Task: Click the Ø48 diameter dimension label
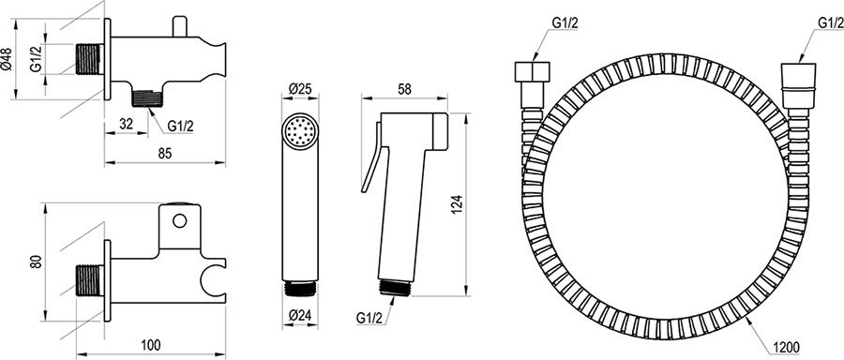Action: tap(7, 59)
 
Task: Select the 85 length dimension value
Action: tap(165, 153)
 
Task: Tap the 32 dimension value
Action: tap(126, 123)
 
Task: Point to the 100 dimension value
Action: tap(152, 344)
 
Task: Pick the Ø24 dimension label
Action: tap(299, 316)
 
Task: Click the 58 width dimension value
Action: tap(404, 89)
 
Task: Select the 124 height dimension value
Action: tap(456, 205)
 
